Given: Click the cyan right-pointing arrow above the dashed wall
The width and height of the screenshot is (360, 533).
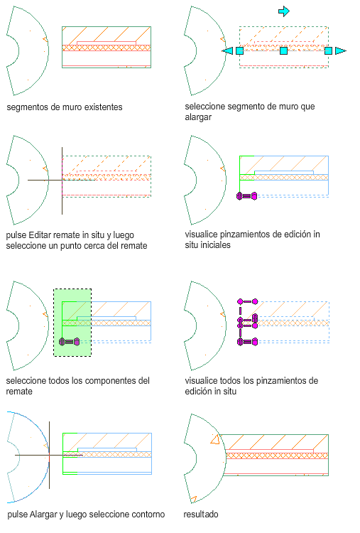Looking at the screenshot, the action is [283, 11].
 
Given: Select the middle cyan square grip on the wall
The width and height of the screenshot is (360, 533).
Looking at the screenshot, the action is [283, 51].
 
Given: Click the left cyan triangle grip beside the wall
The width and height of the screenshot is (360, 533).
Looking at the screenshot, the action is [227, 51].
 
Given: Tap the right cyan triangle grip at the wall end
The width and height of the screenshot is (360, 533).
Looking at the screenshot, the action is [341, 51].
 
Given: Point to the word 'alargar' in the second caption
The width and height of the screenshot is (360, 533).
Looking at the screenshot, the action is [198, 117].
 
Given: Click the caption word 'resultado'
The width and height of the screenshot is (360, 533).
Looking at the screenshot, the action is [201, 515].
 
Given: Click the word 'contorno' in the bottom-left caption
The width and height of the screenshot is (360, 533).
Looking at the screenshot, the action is [148, 515].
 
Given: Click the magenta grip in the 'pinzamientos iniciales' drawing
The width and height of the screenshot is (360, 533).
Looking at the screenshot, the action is [247, 196].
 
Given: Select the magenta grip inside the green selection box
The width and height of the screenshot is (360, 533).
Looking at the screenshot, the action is [70, 342].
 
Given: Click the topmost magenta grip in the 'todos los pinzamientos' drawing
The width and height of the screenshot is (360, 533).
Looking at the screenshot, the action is [248, 301].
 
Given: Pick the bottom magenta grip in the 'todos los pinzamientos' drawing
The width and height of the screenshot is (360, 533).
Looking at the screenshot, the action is [247, 342].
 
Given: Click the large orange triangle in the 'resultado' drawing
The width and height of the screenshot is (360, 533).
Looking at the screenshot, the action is [215, 440].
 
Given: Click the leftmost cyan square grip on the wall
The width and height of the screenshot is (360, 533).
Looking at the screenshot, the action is [239, 51].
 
